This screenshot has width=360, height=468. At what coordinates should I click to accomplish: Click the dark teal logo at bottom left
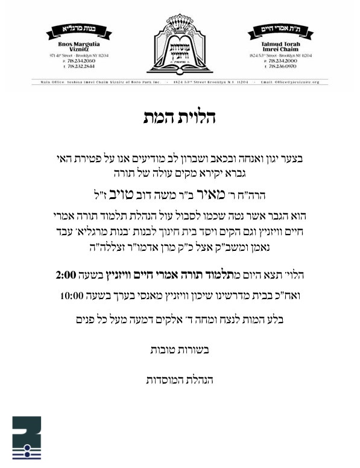[x=27, y=438]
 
